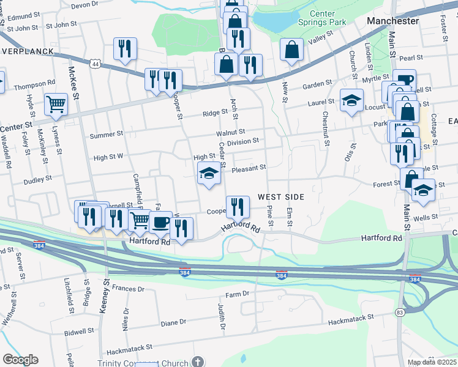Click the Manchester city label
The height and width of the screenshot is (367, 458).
tap(392, 21)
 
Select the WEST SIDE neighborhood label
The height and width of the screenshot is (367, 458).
tap(280, 197)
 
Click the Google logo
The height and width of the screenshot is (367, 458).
tap(20, 360)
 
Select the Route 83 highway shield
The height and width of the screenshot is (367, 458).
tap(400, 312)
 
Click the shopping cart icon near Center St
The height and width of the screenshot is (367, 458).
tap(56, 104)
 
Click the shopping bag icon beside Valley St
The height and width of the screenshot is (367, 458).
tap(292, 49)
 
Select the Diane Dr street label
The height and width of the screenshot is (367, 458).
tap(173, 322)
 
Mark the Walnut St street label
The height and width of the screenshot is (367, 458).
tap(230, 132)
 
